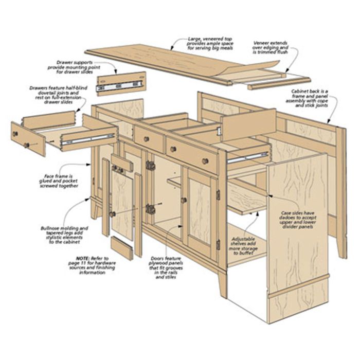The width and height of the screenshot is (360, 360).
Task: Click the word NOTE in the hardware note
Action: click(82, 258)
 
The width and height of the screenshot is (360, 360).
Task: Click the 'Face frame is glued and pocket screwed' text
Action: click(59, 181)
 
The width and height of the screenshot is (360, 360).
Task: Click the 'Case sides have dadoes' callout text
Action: click(298, 220)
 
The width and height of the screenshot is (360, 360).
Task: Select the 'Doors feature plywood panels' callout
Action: click(166, 268)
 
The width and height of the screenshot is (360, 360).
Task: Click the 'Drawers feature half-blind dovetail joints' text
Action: click(58, 95)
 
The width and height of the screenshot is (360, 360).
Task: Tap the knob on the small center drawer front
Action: click(146, 139)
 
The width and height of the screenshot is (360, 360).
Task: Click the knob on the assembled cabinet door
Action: click(184, 200)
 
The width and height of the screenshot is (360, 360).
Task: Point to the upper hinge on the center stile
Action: click(150, 165)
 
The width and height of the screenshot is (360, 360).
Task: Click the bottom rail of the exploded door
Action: click(122, 248)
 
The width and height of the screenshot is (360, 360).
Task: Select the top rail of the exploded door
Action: click(122, 163)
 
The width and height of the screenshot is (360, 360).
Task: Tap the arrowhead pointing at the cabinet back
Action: click(329, 122)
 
